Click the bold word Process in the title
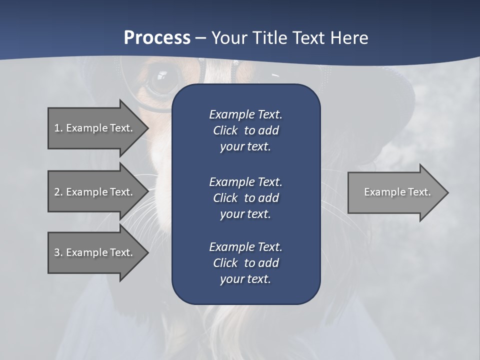[x=157, y=38]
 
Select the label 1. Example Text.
[x=93, y=128]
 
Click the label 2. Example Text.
[x=93, y=192]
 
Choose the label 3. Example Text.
[x=93, y=252]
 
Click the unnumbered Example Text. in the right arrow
[x=397, y=192]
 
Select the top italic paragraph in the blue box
[x=246, y=130]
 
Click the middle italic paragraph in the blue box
[x=246, y=198]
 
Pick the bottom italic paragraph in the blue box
[x=246, y=263]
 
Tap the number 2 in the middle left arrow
[x=57, y=192]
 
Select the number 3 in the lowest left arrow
[x=57, y=252]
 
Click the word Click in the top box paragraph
[x=225, y=130]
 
